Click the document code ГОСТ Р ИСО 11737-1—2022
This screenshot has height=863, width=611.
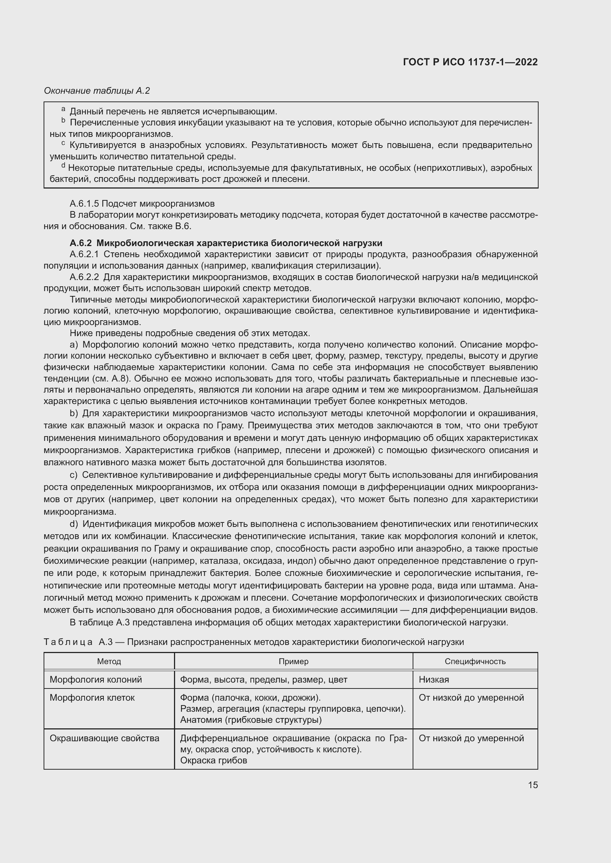pyautogui.click(x=470, y=62)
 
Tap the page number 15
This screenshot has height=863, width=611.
pyautogui.click(x=533, y=785)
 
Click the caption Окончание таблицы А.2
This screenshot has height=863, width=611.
pyautogui.click(x=97, y=91)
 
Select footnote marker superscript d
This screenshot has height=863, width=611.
pyautogui.click(x=63, y=165)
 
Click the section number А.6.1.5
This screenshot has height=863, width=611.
pyautogui.click(x=84, y=204)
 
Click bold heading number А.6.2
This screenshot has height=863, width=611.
pyautogui.click(x=81, y=243)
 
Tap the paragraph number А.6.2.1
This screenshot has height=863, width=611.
pyautogui.click(x=84, y=255)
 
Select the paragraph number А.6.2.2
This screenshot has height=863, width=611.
pyautogui.click(x=84, y=277)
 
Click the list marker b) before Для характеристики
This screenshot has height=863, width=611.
pyautogui.click(x=74, y=414)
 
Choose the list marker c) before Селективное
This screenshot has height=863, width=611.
pyautogui.click(x=74, y=475)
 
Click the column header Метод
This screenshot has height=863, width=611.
pyautogui.click(x=109, y=661)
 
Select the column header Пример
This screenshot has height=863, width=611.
pyautogui.click(x=293, y=661)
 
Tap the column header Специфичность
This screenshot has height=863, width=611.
pyautogui.click(x=475, y=661)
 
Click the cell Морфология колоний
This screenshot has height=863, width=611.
pyautogui.click(x=96, y=680)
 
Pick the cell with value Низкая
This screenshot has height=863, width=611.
pyautogui.click(x=434, y=680)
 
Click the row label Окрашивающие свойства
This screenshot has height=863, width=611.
pyautogui.click(x=104, y=738)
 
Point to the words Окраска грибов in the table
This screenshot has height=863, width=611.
pyautogui.click(x=213, y=760)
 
